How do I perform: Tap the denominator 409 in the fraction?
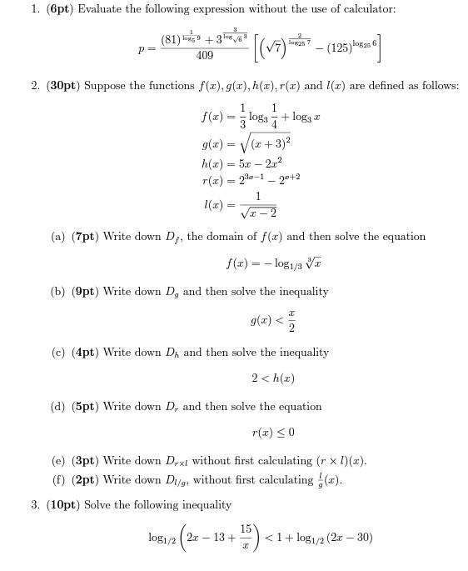[204, 56]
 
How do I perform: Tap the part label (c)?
[58, 353]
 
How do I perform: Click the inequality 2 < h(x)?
[272, 378]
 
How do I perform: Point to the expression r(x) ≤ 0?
[272, 433]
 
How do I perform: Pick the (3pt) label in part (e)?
[86, 461]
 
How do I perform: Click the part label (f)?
[58, 479]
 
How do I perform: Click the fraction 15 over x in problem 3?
[246, 538]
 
